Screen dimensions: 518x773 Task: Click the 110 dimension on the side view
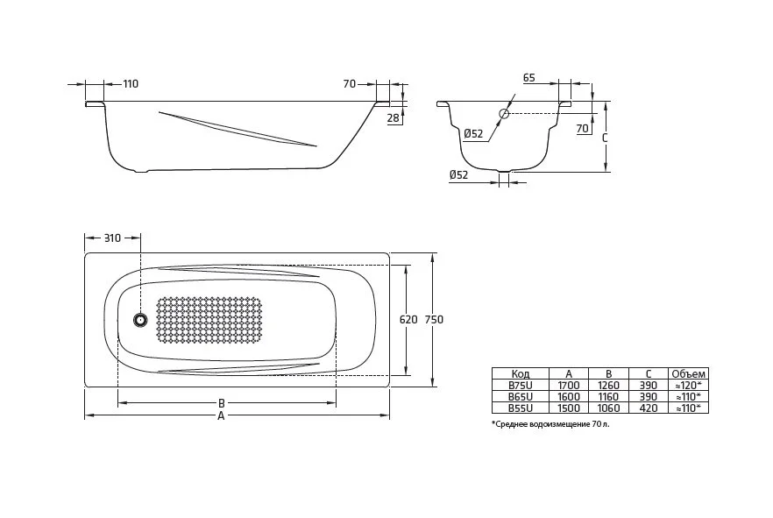(131, 84)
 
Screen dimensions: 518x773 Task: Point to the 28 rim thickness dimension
(393, 117)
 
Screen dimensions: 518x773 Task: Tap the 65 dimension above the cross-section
(529, 78)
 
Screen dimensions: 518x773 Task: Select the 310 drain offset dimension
(112, 238)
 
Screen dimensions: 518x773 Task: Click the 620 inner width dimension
(408, 320)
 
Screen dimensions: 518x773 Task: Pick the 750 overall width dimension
(434, 320)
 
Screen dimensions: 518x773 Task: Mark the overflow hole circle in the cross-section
(505, 113)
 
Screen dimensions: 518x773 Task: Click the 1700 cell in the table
(568, 385)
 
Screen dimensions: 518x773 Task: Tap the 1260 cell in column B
(608, 385)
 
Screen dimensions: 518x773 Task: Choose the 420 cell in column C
(648, 408)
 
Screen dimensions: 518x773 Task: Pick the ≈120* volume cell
(687, 385)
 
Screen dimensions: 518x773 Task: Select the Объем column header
(687, 373)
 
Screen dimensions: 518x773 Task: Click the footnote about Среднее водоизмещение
(550, 424)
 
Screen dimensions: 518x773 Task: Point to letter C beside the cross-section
(605, 138)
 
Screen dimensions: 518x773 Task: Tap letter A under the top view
(222, 415)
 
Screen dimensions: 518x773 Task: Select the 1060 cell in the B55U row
(608, 408)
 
